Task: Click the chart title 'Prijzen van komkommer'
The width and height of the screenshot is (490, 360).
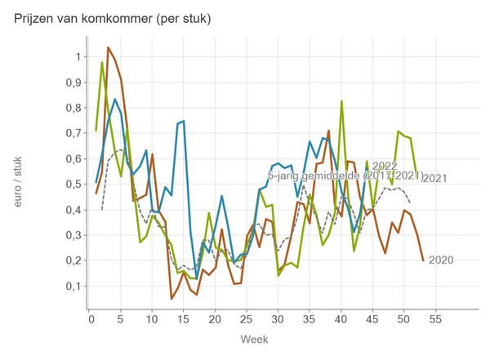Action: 113,19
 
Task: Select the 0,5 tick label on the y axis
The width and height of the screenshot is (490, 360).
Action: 73,184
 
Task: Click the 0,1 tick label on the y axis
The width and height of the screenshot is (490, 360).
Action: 73,287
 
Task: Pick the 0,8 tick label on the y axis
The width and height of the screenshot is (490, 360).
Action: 73,108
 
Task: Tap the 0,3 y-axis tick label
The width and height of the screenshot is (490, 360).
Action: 73,235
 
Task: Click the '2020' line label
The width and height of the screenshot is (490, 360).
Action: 441,260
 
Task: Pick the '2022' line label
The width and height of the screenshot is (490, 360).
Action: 385,167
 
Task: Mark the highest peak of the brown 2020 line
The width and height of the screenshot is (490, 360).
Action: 109,47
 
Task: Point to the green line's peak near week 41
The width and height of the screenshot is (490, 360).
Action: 341,101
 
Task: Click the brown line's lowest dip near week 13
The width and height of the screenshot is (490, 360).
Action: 171,299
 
